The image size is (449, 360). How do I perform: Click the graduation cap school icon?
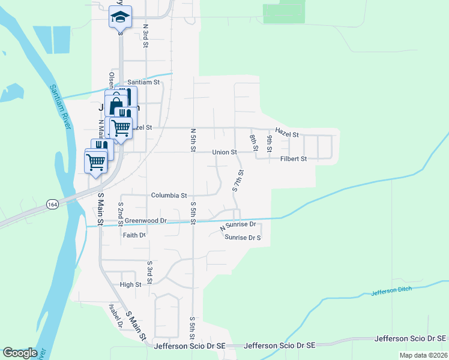(x=120, y=17)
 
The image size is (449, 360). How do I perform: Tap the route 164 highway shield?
(x=53, y=205)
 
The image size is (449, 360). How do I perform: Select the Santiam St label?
(x=143, y=82)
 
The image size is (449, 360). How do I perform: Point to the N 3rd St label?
(x=145, y=37)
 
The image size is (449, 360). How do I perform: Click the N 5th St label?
(x=193, y=139)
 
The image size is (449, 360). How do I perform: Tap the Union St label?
(x=224, y=152)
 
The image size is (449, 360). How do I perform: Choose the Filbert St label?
(x=294, y=159)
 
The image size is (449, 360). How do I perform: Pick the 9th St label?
(x=270, y=143)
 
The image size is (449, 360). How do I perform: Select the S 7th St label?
(x=238, y=181)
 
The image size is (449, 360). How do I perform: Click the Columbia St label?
(x=169, y=196)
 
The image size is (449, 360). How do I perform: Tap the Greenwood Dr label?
(x=145, y=221)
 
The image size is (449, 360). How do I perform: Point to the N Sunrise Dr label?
(x=238, y=226)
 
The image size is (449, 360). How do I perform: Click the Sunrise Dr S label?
(x=243, y=238)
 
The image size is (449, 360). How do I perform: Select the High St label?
(x=130, y=285)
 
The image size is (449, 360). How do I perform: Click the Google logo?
(x=20, y=353)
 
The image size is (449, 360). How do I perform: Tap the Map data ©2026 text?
(x=423, y=355)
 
